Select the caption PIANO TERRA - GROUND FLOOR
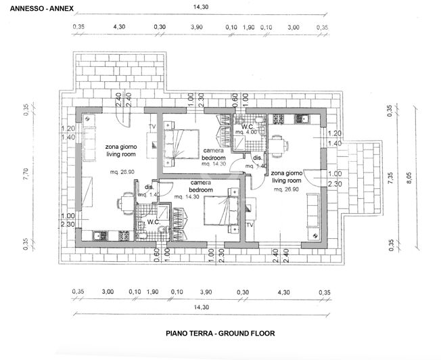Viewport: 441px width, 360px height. coord(220,333)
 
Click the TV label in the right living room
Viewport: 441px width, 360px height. coord(250,224)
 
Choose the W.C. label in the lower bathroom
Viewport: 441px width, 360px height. coord(153,221)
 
